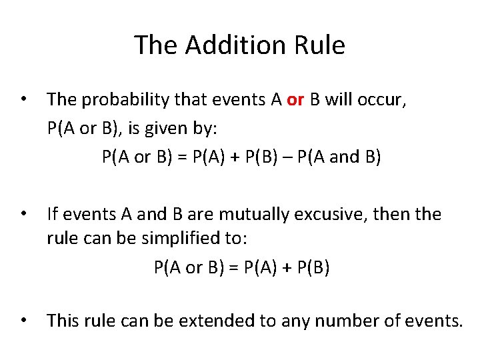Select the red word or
pos(295,100)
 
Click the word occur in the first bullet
pos(386,100)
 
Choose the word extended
pos(218,321)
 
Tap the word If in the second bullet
pos(53,215)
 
